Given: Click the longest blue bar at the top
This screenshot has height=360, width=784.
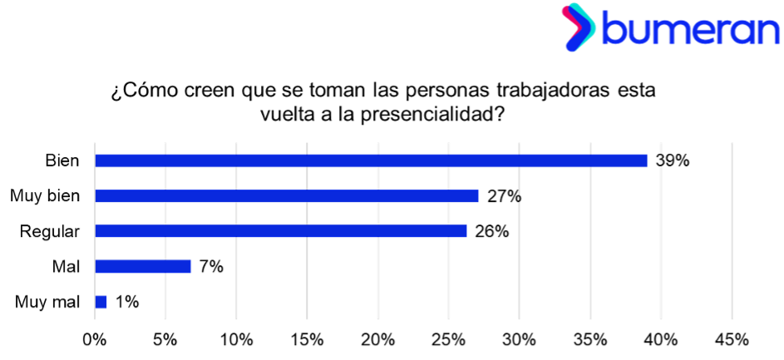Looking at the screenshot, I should tap(371, 161).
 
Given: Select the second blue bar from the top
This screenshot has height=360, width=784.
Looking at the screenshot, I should tap(287, 196).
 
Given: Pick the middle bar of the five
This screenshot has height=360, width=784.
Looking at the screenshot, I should tap(281, 231).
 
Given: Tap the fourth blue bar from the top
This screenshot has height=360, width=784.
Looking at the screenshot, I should tap(143, 267).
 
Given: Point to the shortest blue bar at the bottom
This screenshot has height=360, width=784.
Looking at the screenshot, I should tap(101, 302).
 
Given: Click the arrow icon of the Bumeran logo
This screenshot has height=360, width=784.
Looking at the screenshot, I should tap(579, 27).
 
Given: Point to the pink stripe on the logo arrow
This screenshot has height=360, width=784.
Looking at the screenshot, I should tap(568, 14).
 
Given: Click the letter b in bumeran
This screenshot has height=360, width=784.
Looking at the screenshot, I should tap(613, 30).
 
